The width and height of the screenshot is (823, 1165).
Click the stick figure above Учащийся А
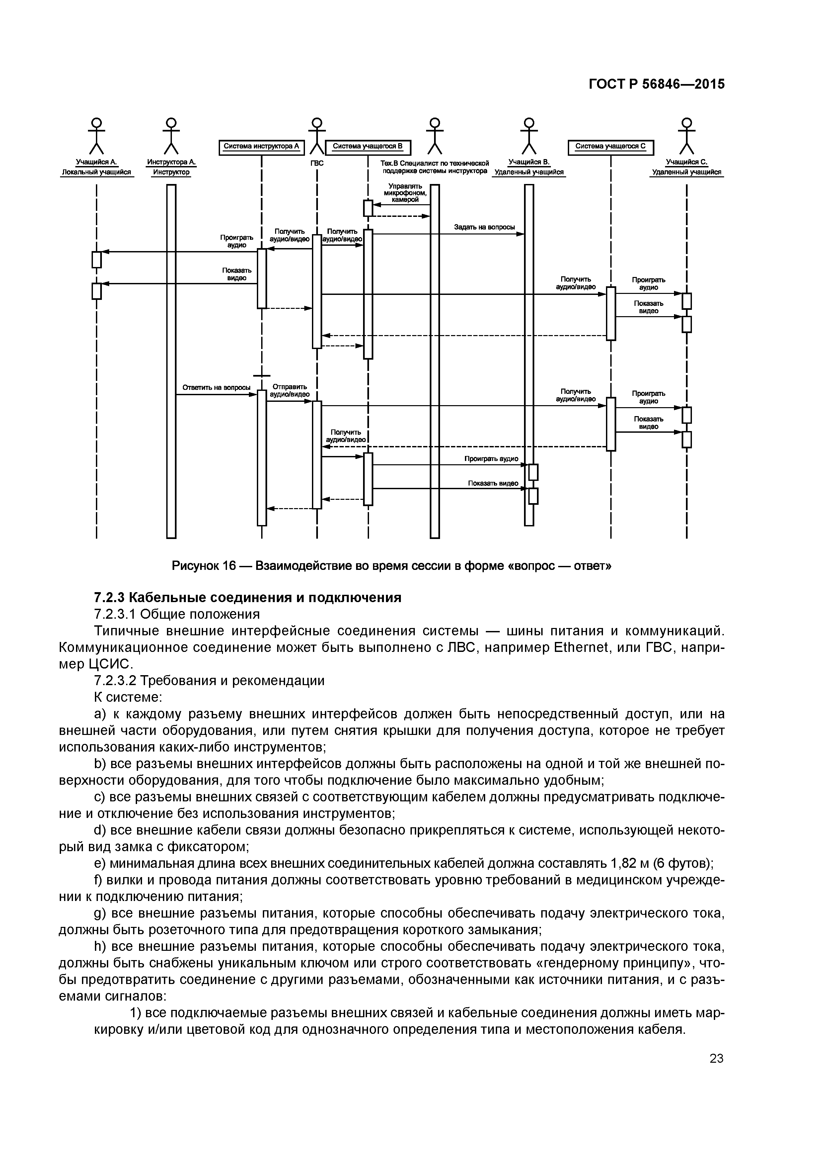(x=96, y=135)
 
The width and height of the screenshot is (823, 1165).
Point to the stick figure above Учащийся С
(x=687, y=135)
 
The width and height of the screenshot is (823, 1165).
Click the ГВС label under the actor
(x=317, y=163)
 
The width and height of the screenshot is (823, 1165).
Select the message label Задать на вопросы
(x=484, y=227)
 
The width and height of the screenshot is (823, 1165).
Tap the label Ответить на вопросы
(x=216, y=388)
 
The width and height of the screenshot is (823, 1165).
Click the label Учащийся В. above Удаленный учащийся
(x=529, y=162)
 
